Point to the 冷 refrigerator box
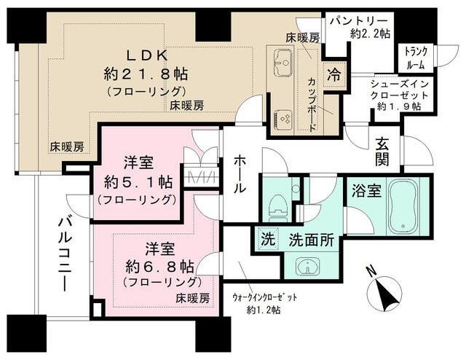coord(333,74)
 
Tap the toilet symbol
coord(277,206)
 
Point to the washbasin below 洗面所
coord(309,266)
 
